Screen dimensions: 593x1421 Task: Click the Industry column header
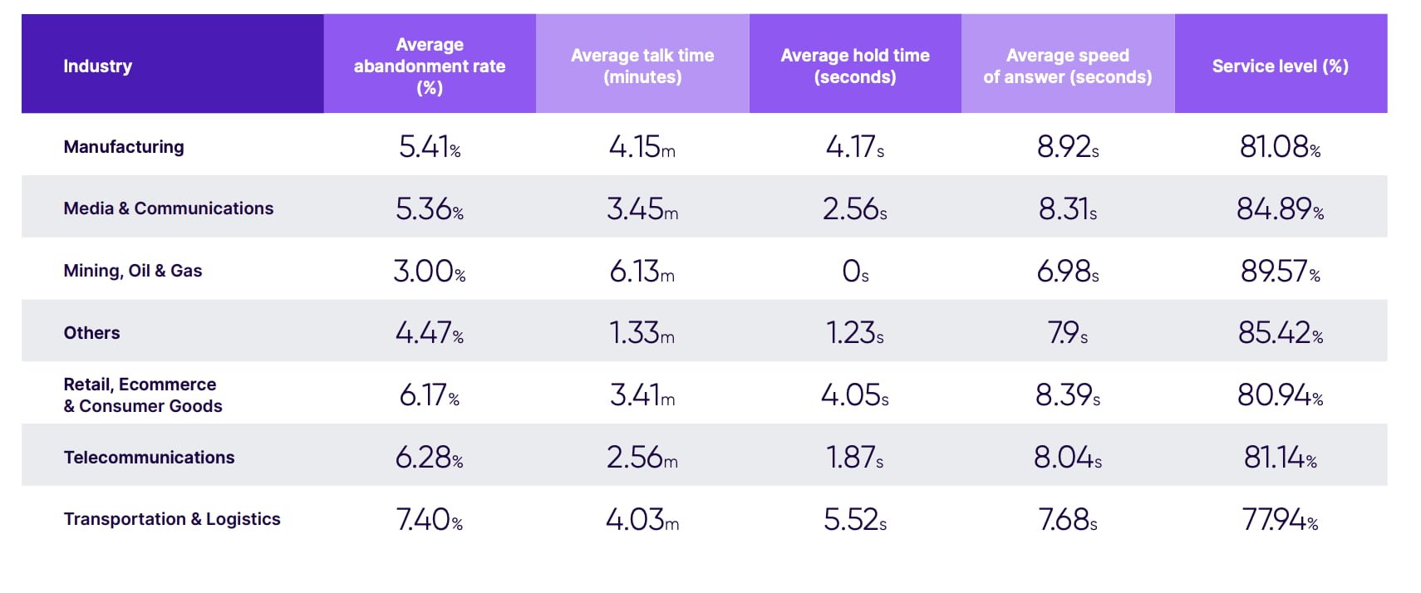pos(98,66)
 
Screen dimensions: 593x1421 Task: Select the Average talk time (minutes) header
pos(642,66)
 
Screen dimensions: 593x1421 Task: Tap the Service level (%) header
pos(1280,66)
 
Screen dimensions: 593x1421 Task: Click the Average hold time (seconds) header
pos(855,66)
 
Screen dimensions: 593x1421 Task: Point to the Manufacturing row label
pos(124,147)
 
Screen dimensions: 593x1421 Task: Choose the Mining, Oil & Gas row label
pos(133,271)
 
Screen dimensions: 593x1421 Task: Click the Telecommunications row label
pos(150,458)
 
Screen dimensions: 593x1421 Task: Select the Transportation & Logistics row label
pos(172,519)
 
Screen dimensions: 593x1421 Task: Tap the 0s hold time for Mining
pos(855,271)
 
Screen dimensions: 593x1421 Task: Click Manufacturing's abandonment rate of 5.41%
pos(430,147)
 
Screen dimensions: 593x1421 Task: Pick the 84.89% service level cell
pos(1280,208)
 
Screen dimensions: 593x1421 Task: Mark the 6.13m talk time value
pos(642,271)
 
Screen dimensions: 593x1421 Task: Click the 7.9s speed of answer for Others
pos(1068,333)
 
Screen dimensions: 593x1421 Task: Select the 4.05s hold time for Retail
pos(855,395)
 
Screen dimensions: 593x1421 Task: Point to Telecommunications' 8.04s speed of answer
pos(1068,457)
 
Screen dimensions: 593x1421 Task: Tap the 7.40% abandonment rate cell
pos(430,520)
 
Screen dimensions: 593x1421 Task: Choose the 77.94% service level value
pos(1280,520)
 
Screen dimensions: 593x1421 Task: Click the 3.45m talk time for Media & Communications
pos(642,208)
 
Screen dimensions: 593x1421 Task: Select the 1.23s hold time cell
pos(855,333)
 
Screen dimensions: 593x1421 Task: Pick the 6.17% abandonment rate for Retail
pos(430,395)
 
